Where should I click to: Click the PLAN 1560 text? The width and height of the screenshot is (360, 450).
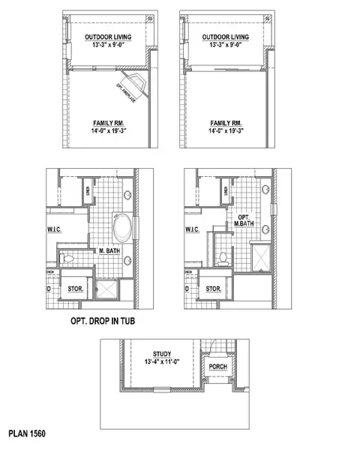click(28, 434)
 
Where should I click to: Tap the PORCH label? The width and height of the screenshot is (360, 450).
click(217, 366)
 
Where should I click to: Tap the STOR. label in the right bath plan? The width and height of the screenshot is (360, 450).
click(213, 288)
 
